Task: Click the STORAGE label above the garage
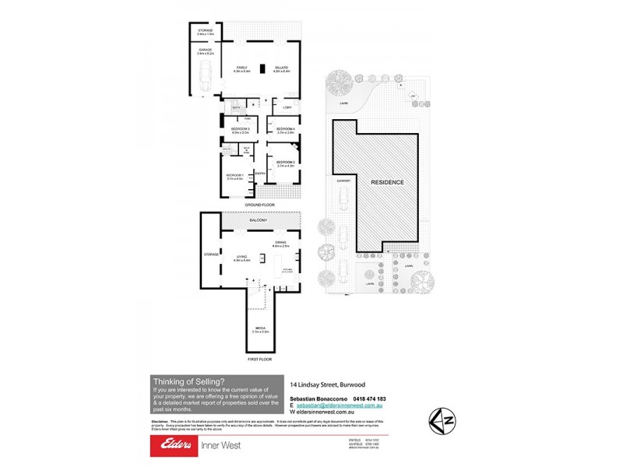206,31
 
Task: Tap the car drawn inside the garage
205,75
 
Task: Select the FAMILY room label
242,69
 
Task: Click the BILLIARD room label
281,69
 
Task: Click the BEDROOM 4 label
286,130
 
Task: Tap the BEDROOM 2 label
286,163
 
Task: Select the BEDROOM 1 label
235,177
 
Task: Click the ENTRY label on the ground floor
260,173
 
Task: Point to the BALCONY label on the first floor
258,221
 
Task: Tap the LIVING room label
241,258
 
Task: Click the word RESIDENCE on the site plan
387,182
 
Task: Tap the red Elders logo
175,445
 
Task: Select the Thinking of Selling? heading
189,381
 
